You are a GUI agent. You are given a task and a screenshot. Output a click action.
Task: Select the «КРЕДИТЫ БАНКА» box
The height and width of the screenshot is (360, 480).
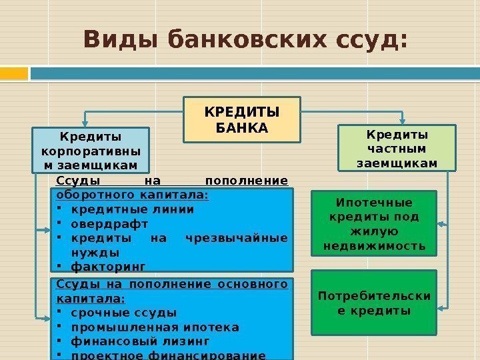(242, 119)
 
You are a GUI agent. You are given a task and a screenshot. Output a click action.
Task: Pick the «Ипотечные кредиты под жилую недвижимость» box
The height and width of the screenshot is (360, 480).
(374, 224)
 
